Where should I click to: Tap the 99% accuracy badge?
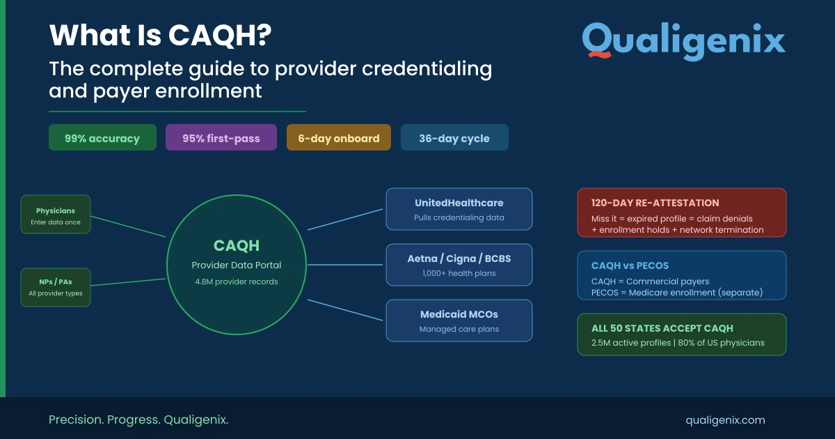click(102, 138)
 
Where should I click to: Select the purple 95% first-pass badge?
click(221, 138)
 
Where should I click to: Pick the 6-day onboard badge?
click(339, 138)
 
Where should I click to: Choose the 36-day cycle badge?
click(454, 138)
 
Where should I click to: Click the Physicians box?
click(56, 215)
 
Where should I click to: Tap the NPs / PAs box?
click(56, 287)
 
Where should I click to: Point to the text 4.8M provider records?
click(237, 282)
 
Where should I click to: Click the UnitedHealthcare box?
click(459, 209)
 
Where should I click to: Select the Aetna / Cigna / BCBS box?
click(459, 265)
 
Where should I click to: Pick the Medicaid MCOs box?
click(459, 321)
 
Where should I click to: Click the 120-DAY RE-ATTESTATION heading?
click(655, 203)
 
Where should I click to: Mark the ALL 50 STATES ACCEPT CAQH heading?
click(662, 328)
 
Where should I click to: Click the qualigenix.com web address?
click(725, 419)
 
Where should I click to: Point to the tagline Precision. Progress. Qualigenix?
click(138, 419)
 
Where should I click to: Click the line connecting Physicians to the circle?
click(128, 226)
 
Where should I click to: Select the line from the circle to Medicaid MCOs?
click(345, 310)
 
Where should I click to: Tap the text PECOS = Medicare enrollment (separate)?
click(676, 293)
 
